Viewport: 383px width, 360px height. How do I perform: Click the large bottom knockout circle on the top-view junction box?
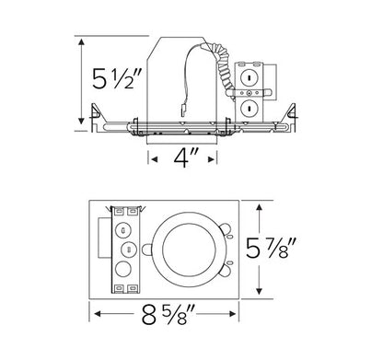(x=126, y=272)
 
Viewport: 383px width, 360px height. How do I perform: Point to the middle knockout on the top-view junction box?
(x=126, y=247)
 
